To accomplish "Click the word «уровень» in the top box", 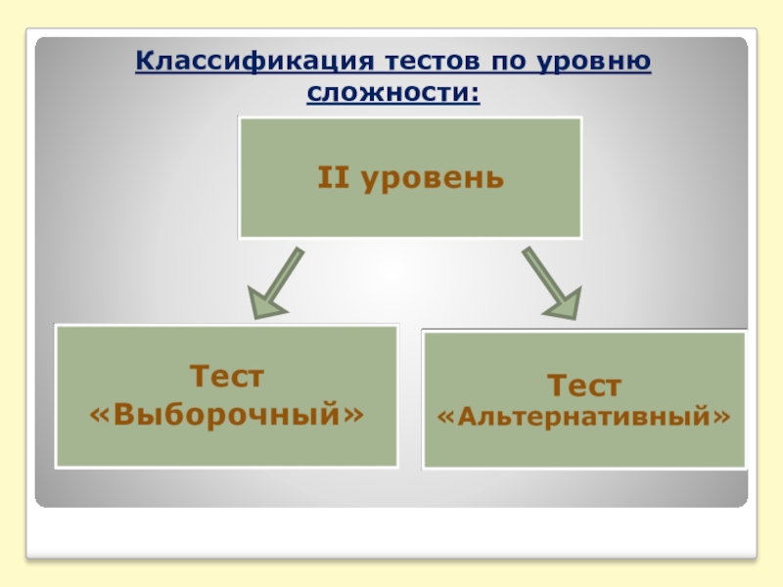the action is (x=434, y=178).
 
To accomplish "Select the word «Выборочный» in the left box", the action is (x=226, y=415).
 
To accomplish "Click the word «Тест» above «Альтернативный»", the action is (x=583, y=384).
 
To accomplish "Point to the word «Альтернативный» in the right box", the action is (x=583, y=418).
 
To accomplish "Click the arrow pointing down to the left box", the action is (x=273, y=283).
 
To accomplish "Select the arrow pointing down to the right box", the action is (x=551, y=283).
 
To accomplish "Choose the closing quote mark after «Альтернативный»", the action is (x=723, y=419).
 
